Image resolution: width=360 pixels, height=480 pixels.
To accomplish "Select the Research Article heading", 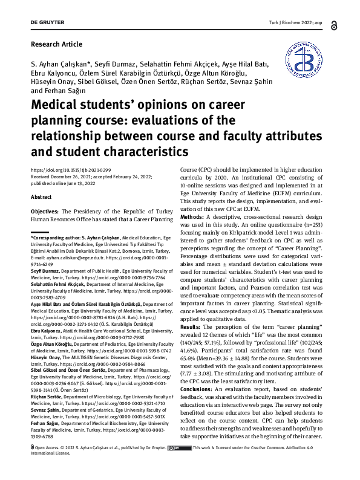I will pyautogui.click(x=56, y=44).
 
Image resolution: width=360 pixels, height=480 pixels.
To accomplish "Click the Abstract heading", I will pyautogui.click(x=42, y=198).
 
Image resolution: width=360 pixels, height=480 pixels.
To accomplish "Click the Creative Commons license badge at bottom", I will pyautogui.click(x=179, y=465).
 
